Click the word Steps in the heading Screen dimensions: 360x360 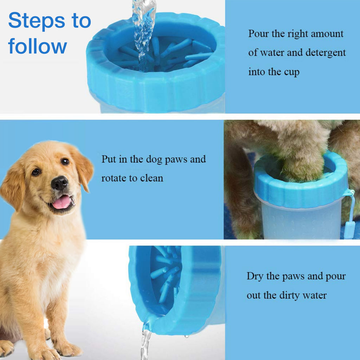[37, 21]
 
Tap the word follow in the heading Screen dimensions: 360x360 [37, 46]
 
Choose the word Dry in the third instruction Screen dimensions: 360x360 [255, 276]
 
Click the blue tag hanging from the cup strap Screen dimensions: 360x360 [348, 231]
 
